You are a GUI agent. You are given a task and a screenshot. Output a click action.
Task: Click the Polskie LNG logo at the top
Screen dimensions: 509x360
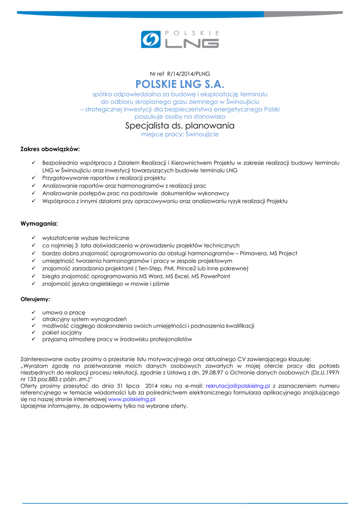point(180,39)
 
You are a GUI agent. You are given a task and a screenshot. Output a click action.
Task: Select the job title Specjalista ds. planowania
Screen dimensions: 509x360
point(180,126)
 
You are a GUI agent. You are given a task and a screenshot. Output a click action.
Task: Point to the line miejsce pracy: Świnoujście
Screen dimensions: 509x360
point(180,134)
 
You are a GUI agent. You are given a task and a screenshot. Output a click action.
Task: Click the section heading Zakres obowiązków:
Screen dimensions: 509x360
point(50,149)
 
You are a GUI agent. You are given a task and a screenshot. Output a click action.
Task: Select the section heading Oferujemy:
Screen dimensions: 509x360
point(35,300)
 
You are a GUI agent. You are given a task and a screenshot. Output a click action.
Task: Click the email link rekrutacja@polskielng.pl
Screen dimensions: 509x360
point(238,385)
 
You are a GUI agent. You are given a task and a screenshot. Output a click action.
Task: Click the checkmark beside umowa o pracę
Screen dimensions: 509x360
point(33,312)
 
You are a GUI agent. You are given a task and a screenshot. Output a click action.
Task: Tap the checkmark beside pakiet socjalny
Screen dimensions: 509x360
point(33,332)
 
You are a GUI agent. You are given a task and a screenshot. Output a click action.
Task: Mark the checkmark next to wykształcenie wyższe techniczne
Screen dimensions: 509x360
point(33,238)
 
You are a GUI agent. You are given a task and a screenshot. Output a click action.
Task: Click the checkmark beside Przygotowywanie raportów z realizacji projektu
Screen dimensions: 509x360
point(33,177)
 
